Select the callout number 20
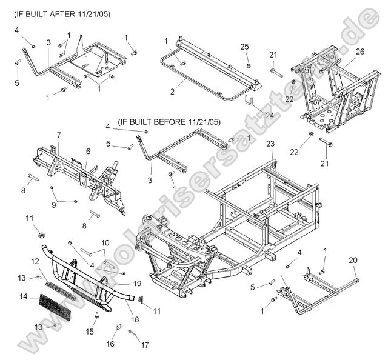coord(352,259)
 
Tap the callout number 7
coord(59,134)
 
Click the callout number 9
coord(54,204)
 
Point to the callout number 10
coord(105,242)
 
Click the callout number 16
coord(111,344)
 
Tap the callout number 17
coord(144,346)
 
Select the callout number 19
coord(138,283)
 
